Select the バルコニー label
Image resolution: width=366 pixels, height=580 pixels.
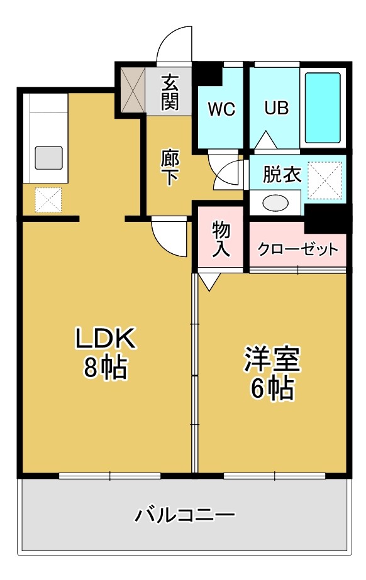coord(185,516)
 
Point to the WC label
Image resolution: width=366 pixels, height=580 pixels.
coord(221,109)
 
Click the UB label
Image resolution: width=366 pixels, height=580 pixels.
coord(276,108)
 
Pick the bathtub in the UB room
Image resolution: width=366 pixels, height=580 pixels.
coord(323,107)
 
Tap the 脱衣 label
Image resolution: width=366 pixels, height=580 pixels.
coord(282,174)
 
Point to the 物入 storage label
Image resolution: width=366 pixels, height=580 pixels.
coord(221,239)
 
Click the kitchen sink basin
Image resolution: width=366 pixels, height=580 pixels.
coord(48,157)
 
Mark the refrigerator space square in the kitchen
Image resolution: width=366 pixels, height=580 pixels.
coord(48,200)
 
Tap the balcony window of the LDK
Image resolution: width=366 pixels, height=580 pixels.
coord(109,476)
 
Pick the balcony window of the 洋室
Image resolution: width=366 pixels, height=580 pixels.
coord(273,476)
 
